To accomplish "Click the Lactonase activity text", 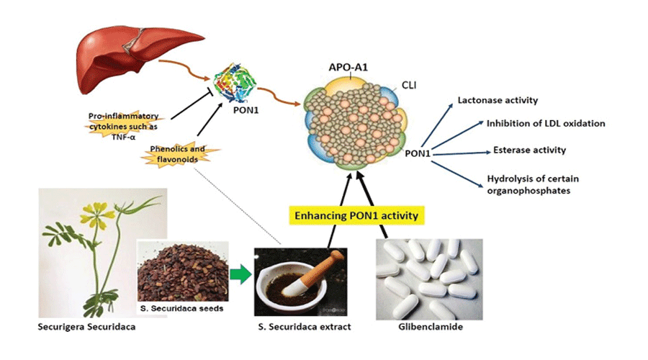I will tap(498, 100).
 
